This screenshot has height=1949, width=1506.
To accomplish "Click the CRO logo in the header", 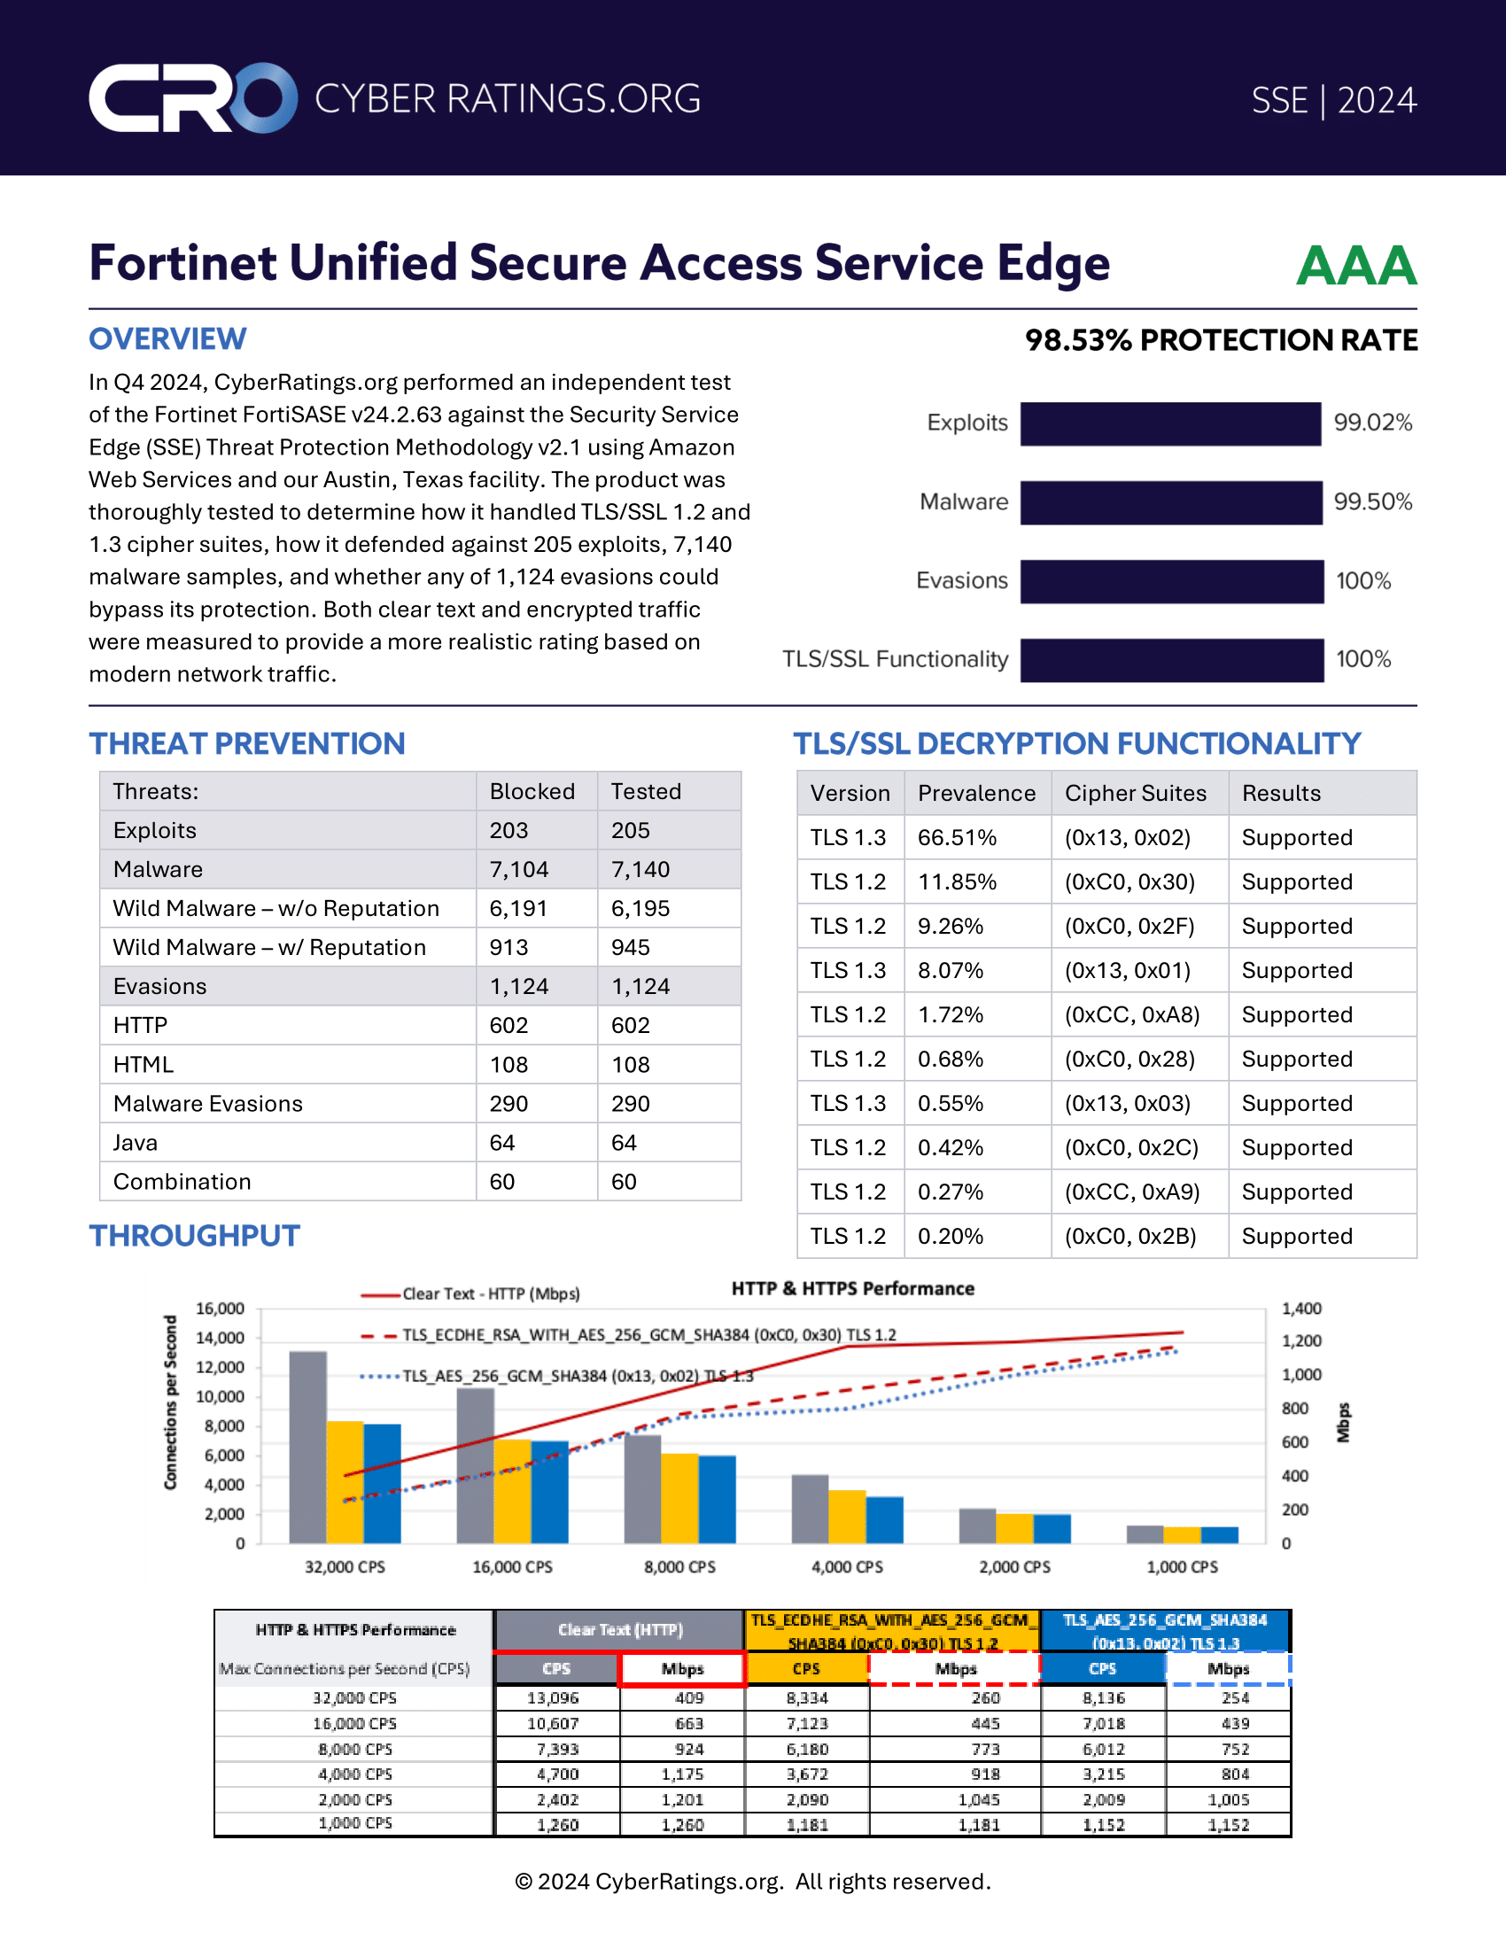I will pyautogui.click(x=193, y=98).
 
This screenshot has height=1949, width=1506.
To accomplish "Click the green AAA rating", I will pyautogui.click(x=1355, y=266).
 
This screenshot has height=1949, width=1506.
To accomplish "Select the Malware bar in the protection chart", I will pyautogui.click(x=1170, y=502).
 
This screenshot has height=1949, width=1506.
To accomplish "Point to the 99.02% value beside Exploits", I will pyautogui.click(x=1372, y=423).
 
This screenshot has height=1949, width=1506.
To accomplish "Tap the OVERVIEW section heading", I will pyautogui.click(x=167, y=339).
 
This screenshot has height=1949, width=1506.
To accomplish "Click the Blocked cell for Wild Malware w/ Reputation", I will pyautogui.click(x=508, y=948).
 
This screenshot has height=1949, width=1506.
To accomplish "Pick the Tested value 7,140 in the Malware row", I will pyautogui.click(x=640, y=869).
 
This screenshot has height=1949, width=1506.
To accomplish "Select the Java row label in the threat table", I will pyautogui.click(x=136, y=1143).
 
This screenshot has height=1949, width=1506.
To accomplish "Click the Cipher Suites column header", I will pyautogui.click(x=1135, y=794).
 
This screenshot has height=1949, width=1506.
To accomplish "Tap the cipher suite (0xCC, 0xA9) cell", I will pyautogui.click(x=1131, y=1192).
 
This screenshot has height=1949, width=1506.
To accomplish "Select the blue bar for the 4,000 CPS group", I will pyautogui.click(x=884, y=1519).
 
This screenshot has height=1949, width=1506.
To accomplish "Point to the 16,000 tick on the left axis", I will pyautogui.click(x=220, y=1309).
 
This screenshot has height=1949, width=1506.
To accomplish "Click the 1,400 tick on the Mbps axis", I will pyautogui.click(x=1300, y=1309).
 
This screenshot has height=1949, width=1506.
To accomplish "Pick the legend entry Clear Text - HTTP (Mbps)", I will pyautogui.click(x=490, y=1294).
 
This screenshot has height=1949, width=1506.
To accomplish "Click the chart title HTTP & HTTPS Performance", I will pyautogui.click(x=852, y=1289).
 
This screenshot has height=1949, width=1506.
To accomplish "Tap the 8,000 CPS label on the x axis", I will pyautogui.click(x=679, y=1567).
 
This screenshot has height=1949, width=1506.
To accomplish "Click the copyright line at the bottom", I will pyautogui.click(x=752, y=1882).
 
